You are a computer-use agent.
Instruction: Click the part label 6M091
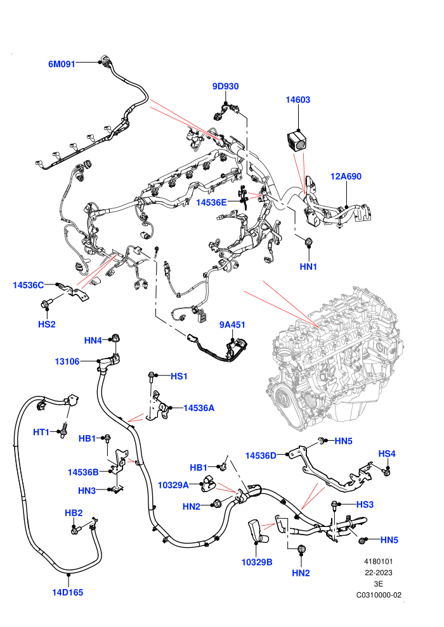click(62, 64)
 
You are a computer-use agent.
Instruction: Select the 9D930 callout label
click(225, 86)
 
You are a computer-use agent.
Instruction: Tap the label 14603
click(298, 99)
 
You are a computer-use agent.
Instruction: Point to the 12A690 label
click(346, 176)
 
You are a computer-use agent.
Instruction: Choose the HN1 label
click(308, 267)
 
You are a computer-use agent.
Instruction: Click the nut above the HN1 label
click(309, 242)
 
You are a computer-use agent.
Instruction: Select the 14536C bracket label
click(28, 285)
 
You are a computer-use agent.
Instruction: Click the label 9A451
click(232, 325)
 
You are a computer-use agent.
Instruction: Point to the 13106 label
click(67, 362)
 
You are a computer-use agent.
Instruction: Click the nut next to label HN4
click(116, 338)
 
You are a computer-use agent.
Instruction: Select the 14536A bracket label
click(199, 408)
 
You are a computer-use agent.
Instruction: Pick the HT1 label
click(41, 433)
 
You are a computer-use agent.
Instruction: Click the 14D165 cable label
click(68, 592)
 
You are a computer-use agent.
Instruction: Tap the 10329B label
click(257, 562)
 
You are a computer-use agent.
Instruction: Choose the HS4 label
click(387, 453)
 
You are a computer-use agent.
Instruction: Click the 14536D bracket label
click(261, 455)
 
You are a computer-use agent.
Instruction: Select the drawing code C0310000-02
click(379, 595)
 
